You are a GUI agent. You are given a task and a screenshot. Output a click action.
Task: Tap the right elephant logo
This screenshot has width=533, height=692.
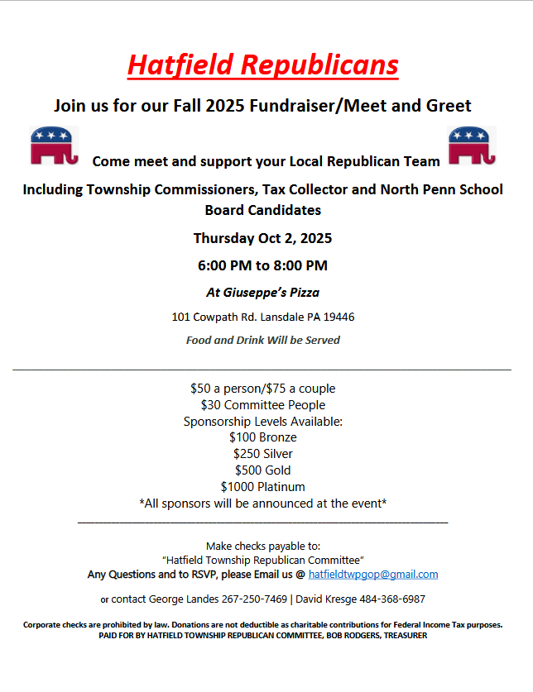(472, 146)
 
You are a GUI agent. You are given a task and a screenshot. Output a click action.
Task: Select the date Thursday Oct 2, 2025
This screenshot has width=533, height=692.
(262, 238)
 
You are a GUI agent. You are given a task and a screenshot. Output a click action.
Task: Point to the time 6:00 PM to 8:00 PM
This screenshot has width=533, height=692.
(262, 265)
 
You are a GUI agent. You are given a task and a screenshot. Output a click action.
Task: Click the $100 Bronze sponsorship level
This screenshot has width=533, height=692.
(262, 437)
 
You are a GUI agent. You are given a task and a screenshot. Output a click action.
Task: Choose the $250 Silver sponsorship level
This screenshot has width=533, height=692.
(262, 454)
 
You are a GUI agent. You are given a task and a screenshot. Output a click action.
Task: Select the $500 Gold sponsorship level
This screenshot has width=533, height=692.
(262, 470)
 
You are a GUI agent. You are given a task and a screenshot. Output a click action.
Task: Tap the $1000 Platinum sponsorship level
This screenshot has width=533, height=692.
(262, 487)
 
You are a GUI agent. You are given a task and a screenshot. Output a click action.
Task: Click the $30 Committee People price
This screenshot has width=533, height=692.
(262, 405)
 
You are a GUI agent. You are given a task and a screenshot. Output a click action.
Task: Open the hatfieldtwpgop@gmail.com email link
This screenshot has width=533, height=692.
(373, 575)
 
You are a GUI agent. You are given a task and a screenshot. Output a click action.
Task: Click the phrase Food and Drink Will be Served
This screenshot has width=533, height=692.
(262, 340)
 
